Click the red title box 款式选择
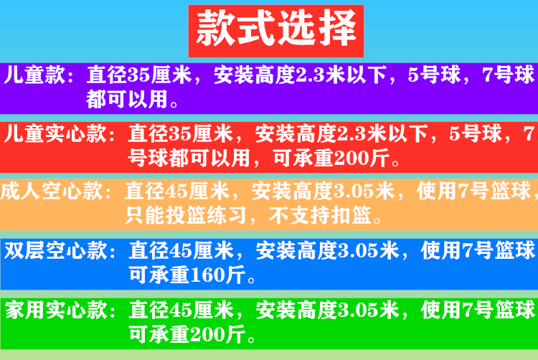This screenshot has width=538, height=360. pos(276,31)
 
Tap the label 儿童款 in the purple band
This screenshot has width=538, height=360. pos(34,75)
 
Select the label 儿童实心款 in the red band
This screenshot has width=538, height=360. pos(55,133)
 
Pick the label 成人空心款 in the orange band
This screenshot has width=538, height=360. pos(52,191)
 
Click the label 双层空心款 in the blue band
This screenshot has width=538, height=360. pos(56,250)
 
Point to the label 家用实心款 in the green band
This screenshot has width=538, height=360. pos(56,310)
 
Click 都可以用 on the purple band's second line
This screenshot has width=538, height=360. pos(126,100)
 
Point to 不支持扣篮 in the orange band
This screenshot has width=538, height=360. pos(320,215)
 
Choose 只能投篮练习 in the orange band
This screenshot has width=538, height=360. pos(186,215)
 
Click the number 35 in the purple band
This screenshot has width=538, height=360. pos(138,75)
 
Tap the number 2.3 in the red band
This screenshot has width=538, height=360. pos(351,133)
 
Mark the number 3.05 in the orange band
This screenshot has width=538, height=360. pos(354,191)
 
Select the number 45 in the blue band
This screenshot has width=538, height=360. pos(181,250)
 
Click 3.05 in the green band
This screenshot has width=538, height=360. pos(358,310)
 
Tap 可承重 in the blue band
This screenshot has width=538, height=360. pos(159,275)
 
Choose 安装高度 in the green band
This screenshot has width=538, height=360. pos(296,310)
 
